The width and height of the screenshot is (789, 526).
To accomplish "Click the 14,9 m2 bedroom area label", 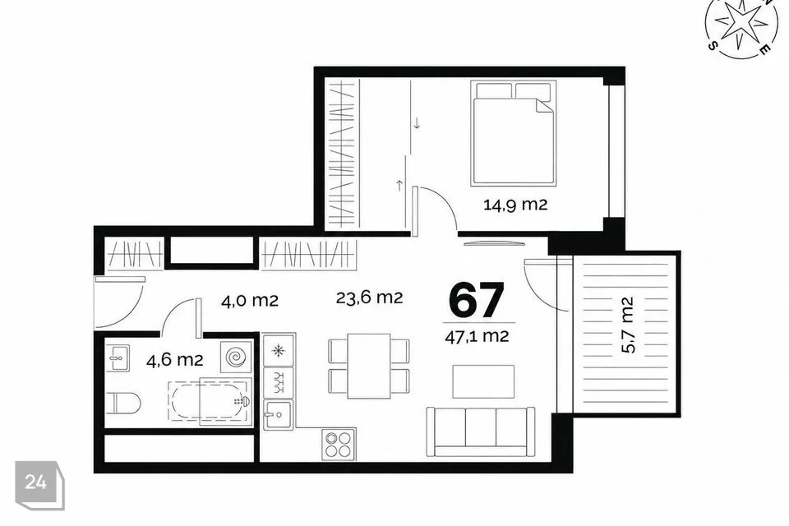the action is coord(515,205).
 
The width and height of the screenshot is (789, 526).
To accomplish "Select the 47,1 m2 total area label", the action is coord(477,336).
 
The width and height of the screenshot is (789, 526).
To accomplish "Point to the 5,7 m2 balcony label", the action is coord(627,325).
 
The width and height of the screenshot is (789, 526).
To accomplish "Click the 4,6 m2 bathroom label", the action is coord(174,360).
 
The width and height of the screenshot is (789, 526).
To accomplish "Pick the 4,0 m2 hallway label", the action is coord(250,301).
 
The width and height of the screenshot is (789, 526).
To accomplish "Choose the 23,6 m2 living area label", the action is coord(369,298).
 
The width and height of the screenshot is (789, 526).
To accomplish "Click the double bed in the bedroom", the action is coord(514,133).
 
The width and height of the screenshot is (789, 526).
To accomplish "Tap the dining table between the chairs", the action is coord(369,366).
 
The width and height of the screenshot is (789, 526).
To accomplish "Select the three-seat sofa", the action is coord(481,431).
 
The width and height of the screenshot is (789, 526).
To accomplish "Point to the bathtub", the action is coord(209,401).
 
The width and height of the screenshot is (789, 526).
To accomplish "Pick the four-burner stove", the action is coord(338,444).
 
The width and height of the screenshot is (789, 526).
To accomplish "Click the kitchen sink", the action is coord(279,414).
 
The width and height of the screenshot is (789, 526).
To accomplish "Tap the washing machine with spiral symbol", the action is coord(236,357).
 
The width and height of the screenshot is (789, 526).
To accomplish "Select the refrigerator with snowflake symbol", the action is coord(279,349).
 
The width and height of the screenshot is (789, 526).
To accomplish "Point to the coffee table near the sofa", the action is coord(483,381).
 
